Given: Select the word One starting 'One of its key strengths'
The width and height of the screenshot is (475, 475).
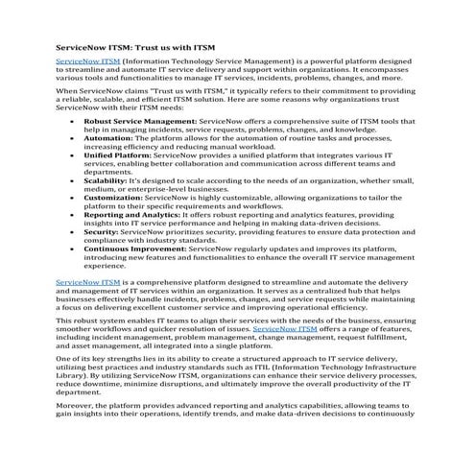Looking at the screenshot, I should pos(64,359).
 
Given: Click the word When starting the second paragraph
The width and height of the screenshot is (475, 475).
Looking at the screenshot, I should pos(67,91).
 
